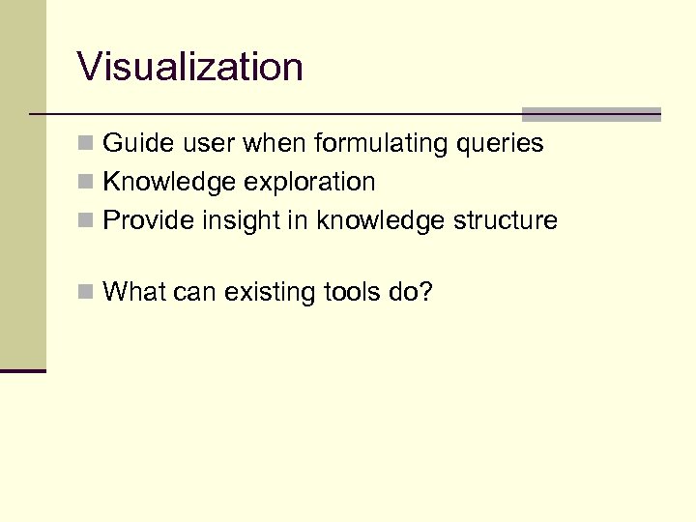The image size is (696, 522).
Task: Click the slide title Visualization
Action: [190, 68]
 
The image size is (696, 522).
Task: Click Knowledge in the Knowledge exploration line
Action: [160, 183]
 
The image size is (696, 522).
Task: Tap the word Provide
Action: [149, 221]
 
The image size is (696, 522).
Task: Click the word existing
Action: [263, 291]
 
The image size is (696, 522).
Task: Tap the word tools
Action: [345, 291]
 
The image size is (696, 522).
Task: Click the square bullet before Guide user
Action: [85, 145]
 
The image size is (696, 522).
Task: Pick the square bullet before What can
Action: [85, 292]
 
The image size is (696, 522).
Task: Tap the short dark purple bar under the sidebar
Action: [22, 370]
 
